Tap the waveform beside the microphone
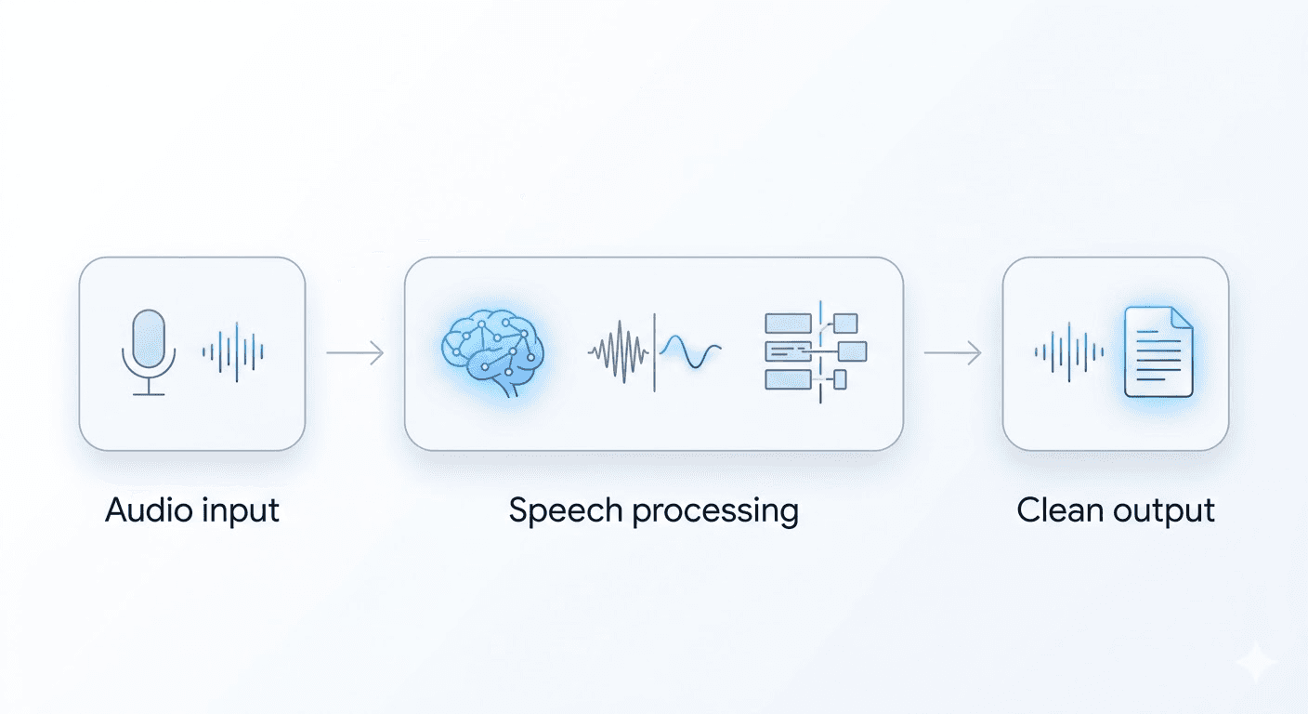(x=233, y=351)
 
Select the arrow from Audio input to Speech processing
(x=355, y=353)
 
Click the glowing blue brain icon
(x=492, y=351)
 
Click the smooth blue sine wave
(x=690, y=353)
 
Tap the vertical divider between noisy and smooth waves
(x=655, y=352)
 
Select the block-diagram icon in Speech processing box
(x=815, y=350)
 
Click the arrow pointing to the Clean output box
(x=952, y=353)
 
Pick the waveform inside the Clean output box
(x=1069, y=352)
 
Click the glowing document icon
(x=1158, y=351)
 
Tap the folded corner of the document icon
(x=1181, y=318)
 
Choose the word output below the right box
(x=1165, y=511)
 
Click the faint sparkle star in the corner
(x=1257, y=663)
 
